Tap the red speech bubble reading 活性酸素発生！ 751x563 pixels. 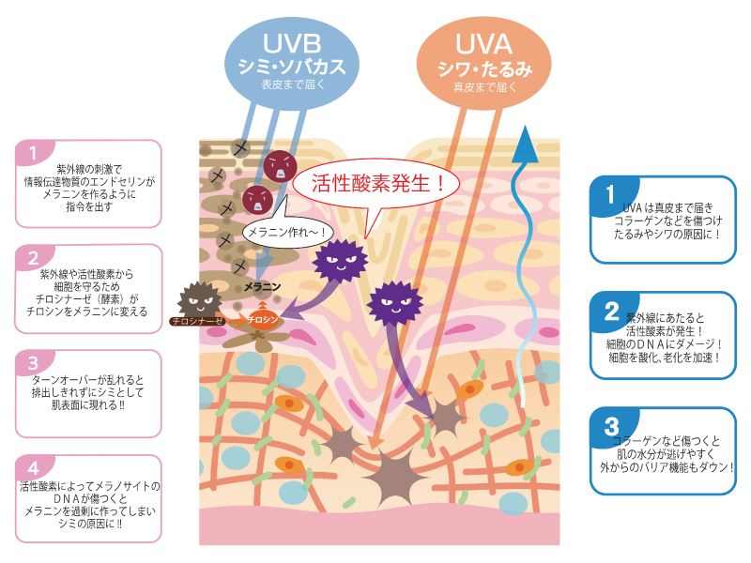click(376, 182)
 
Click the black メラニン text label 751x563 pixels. click(260, 286)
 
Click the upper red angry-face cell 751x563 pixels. click(281, 166)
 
